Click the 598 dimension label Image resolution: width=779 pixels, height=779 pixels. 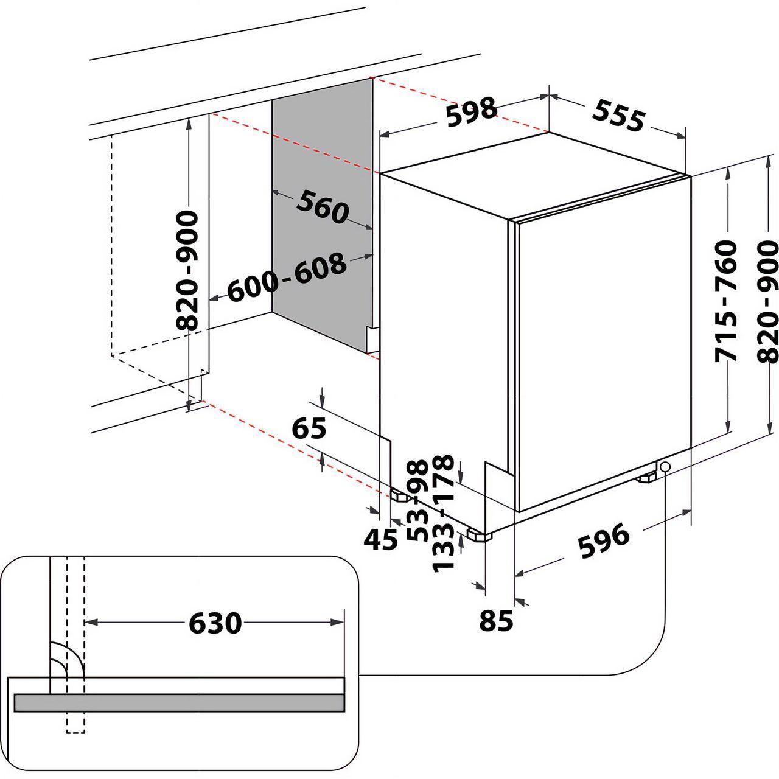[471, 112]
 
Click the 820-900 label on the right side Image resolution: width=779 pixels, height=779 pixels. [769, 302]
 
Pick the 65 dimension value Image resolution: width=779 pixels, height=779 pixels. [309, 428]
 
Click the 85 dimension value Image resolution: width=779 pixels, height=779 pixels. [496, 621]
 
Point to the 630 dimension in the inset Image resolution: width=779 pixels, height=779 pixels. [215, 623]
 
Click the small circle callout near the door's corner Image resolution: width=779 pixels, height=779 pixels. [665, 466]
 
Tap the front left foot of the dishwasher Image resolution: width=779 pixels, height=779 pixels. [480, 536]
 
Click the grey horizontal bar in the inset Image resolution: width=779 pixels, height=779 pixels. [179, 702]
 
